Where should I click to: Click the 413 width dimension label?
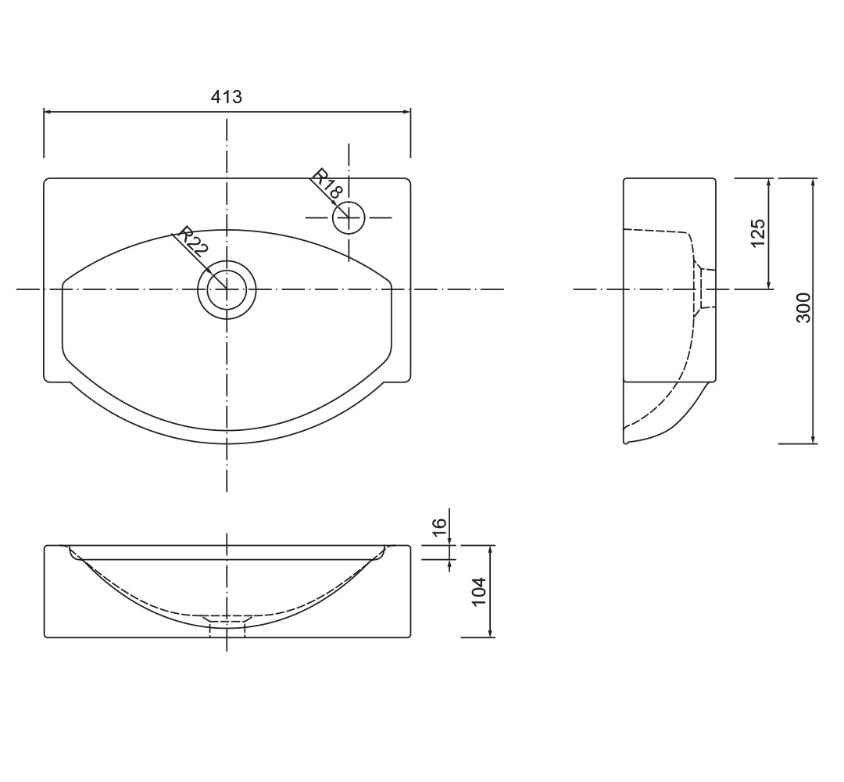click(x=226, y=97)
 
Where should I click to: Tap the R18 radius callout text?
click(x=327, y=184)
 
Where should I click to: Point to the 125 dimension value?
click(x=757, y=233)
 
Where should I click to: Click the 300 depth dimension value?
click(x=803, y=307)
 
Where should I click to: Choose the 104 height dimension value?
click(x=478, y=591)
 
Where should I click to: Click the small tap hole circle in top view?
click(x=349, y=217)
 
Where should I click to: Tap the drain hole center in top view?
click(x=227, y=289)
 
